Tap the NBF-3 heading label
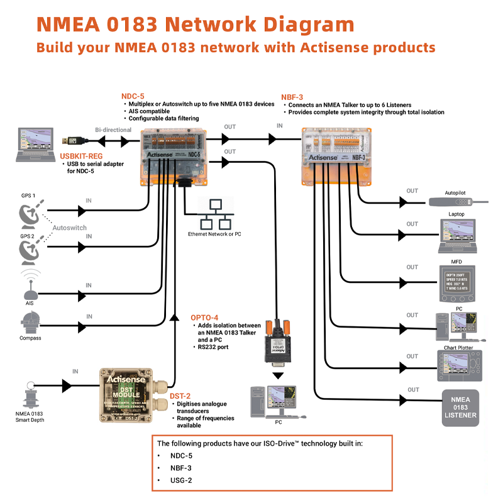[292, 97]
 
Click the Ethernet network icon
[214, 215]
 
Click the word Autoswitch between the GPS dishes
[69, 227]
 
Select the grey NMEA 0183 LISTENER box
[460, 406]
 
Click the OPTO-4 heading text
[205, 317]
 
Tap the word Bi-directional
[113, 130]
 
